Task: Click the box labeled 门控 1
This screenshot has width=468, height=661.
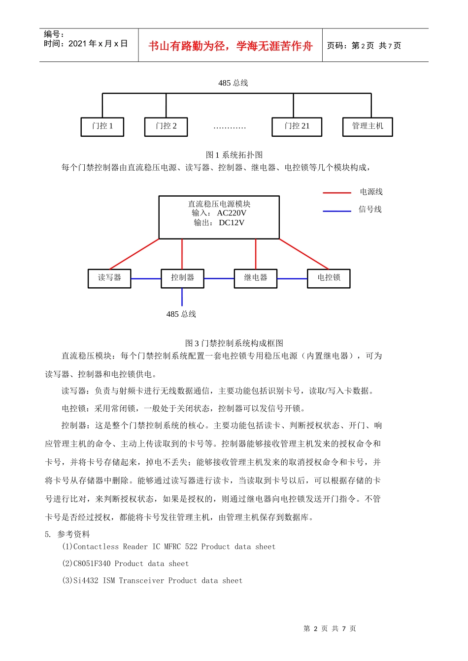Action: pos(102,127)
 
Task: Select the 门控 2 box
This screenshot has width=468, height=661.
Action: pos(166,127)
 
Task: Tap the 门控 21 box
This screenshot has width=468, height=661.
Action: pos(297,127)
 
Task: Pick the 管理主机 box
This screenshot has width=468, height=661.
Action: pos(368,127)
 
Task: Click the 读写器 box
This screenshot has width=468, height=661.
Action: pos(109,278)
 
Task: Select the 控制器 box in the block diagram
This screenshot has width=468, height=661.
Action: pos(182,278)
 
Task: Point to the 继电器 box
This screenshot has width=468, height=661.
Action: pos(256,278)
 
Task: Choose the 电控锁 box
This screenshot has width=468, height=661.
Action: pos(329,278)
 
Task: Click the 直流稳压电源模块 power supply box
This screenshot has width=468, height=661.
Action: pos(219,217)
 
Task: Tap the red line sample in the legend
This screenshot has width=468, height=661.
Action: pos(337,192)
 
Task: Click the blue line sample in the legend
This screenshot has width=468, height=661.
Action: pos(337,210)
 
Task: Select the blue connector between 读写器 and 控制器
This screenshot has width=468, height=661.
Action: pos(146,279)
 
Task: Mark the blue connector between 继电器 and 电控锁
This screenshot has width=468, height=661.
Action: pos(292,279)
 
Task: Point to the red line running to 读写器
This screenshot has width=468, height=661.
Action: pos(134,254)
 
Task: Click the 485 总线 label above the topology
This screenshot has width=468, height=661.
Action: pos(233,83)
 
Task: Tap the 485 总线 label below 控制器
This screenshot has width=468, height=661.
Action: pos(181,314)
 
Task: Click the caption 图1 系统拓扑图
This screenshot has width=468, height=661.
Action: pos(234,155)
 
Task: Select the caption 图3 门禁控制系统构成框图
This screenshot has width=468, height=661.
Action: pos(234,343)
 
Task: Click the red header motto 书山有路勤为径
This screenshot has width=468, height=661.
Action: pos(231,46)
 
